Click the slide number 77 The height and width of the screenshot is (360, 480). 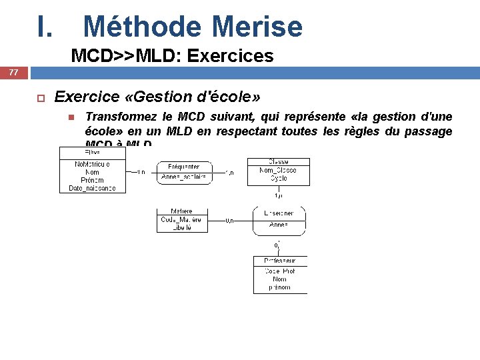[x=14, y=72]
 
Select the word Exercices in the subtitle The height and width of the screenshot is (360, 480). [x=231, y=55]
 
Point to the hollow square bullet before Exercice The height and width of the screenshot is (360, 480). [x=39, y=98]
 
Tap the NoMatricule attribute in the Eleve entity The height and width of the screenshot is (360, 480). [x=92, y=164]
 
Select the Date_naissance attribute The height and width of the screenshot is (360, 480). [x=92, y=188]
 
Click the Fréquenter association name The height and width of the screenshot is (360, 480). [x=183, y=167]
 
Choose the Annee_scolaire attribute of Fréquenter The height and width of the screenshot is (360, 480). [x=183, y=177]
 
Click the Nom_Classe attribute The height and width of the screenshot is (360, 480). [x=278, y=171]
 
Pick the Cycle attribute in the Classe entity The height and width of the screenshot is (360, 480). [x=278, y=179]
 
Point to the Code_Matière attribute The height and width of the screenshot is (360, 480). [x=181, y=219]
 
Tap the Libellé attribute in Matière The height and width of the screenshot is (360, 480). [x=181, y=227]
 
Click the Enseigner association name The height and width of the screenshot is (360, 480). [x=279, y=213]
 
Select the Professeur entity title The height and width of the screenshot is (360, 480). [x=280, y=261]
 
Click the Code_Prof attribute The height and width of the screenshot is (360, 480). [x=280, y=271]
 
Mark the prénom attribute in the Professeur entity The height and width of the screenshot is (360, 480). [x=280, y=287]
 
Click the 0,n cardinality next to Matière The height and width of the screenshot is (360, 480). [x=229, y=219]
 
